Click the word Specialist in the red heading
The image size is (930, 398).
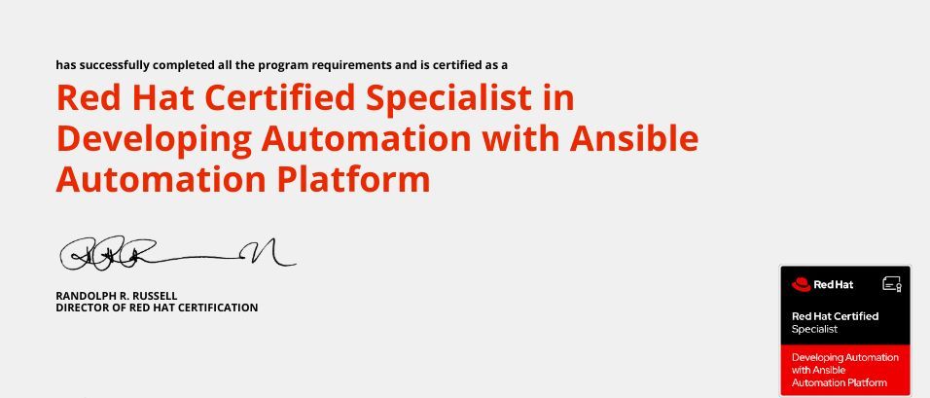pyautogui.click(x=448, y=99)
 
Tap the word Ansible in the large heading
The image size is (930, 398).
pyautogui.click(x=634, y=137)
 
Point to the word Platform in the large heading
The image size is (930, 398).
pyautogui.click(x=354, y=179)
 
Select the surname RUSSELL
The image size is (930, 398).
pyautogui.click(x=155, y=296)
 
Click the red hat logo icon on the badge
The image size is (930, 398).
pyautogui.click(x=801, y=285)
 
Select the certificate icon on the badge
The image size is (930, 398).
pyautogui.click(x=892, y=284)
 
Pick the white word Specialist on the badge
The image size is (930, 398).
pyautogui.click(x=814, y=329)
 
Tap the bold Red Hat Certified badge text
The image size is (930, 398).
pyautogui.click(x=835, y=316)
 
